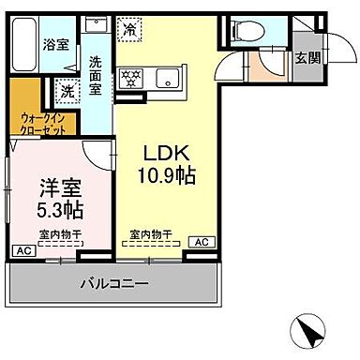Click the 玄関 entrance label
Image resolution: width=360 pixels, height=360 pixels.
[x=307, y=58]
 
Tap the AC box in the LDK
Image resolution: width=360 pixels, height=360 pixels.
[x=200, y=242]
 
